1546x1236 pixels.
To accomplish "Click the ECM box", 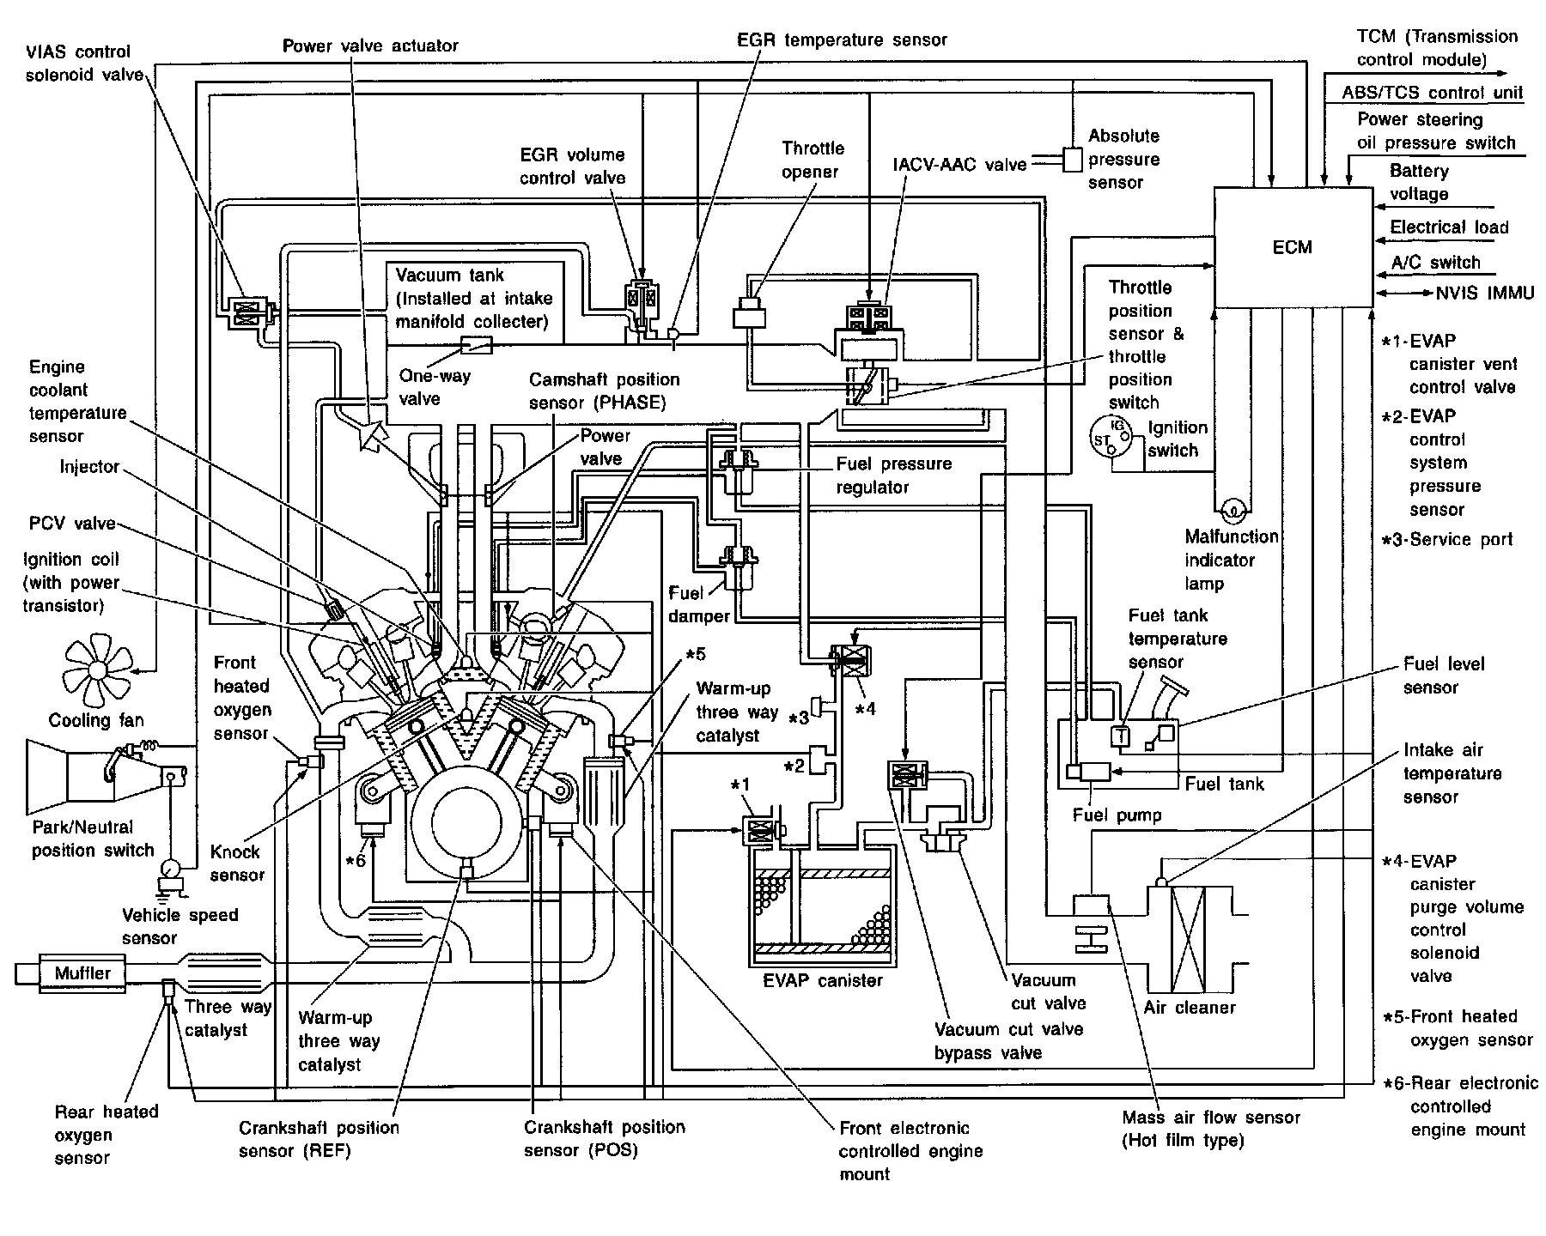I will coord(1292,247).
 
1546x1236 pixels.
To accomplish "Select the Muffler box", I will coord(82,973).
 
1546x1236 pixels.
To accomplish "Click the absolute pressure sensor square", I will coord(1073,159).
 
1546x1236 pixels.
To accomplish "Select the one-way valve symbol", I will coord(476,345).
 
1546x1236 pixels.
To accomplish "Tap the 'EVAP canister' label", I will coord(822,980).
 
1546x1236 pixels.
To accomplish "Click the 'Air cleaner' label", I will coord(1190,1008).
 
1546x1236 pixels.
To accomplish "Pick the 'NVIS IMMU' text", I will coord(1485,294).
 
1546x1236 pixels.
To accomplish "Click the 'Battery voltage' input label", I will coord(1419,183).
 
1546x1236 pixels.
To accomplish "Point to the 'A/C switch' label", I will coord(1435,263).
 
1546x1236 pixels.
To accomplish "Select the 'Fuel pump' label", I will coord(1117,815).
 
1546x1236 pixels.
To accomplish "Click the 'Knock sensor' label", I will coord(236,863).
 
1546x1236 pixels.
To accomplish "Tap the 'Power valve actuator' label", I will coord(370,45).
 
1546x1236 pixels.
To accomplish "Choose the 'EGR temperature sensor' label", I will coord(842,39).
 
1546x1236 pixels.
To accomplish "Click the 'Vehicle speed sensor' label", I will coord(180,926).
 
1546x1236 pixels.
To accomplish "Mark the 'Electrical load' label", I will coord(1449,227).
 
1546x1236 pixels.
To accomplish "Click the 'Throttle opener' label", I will coord(813,160).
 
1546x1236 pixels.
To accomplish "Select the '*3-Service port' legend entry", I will coord(1448,540).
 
